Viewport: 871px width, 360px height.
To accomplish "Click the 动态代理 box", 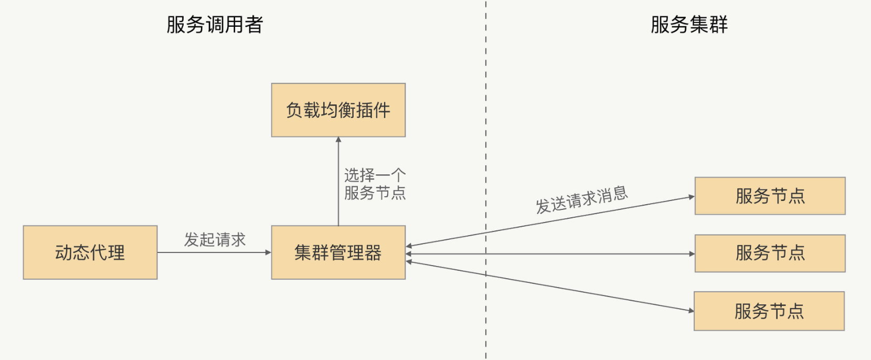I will (x=90, y=252).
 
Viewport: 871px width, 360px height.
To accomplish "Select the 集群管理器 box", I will (x=338, y=252).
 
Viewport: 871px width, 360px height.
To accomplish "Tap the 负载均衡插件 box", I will (x=338, y=110).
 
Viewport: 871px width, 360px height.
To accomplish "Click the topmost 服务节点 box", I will (x=770, y=196).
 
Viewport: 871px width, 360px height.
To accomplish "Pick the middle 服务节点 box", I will (x=770, y=253).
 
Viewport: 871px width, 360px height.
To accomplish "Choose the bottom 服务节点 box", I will (x=769, y=311).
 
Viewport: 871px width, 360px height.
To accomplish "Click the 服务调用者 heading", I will (x=215, y=25).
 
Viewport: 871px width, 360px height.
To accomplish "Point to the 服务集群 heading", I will (x=689, y=25).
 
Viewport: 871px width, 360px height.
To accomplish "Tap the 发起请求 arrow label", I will (x=215, y=240).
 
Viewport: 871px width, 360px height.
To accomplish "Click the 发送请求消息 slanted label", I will (x=581, y=200).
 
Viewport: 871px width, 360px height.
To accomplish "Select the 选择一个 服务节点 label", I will (x=375, y=184).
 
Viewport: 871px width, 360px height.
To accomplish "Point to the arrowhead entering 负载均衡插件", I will (x=338, y=140).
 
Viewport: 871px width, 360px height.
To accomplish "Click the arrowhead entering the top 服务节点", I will (x=692, y=197).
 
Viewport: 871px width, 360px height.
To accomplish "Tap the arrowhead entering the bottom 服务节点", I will (x=691, y=311).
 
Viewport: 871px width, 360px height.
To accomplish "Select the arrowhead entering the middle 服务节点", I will (x=692, y=254).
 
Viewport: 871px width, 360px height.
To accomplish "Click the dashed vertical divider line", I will (x=486, y=131).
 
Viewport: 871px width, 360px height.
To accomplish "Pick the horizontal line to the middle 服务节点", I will (x=551, y=254).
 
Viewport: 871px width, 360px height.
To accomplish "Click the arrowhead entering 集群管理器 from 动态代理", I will (x=268, y=252).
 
